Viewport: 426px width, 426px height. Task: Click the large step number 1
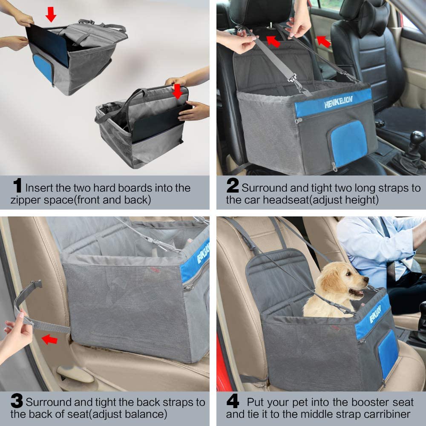coord(17,185)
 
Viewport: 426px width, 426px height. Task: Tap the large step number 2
coord(233,185)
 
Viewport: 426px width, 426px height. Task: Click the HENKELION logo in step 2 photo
coord(339,102)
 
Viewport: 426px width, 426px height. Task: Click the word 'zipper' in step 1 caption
coord(26,200)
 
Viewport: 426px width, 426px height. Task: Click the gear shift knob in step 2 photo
coord(417,138)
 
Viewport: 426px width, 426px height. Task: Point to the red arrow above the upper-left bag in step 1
coord(51,14)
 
